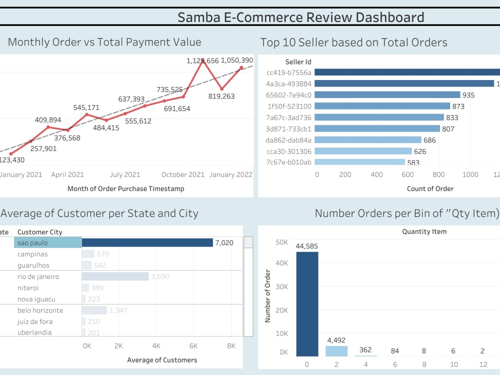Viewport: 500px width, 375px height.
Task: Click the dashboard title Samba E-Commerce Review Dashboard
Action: click(300, 17)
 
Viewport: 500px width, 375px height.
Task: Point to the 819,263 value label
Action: click(221, 96)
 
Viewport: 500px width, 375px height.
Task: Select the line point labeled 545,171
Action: click(86, 114)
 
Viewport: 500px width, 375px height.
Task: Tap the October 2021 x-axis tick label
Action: click(183, 174)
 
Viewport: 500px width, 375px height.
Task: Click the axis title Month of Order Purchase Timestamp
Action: click(125, 188)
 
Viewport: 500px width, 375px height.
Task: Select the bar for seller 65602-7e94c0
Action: click(387, 95)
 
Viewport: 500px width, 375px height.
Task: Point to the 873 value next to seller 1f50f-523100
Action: click(458, 106)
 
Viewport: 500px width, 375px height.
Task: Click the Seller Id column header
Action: click(298, 62)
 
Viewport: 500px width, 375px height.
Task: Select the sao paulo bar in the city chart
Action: click(147, 242)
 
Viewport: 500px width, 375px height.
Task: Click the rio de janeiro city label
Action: click(38, 276)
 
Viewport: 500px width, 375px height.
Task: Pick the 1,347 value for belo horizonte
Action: click(118, 310)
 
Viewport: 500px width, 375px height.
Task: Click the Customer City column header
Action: click(39, 232)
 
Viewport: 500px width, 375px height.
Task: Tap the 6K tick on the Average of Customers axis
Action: click(193, 345)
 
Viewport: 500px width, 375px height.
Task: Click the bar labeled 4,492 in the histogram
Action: click(336, 350)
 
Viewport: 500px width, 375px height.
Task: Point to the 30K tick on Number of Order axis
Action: click(281, 286)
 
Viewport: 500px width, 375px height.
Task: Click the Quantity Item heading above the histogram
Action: click(424, 231)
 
